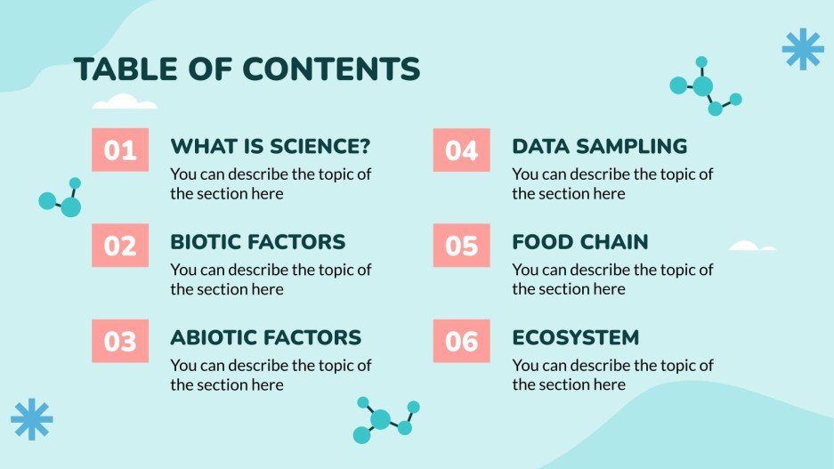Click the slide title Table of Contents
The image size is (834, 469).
pos(247,69)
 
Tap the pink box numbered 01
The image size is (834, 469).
pos(120,150)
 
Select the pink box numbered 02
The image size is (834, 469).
pos(120,246)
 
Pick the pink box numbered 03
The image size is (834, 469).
pos(120,341)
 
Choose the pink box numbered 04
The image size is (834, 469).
pos(461,150)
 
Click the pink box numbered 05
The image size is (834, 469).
pos(461,246)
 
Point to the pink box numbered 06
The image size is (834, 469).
pos(461,341)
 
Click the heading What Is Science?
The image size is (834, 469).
pos(271,146)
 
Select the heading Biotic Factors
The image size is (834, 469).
pos(257,242)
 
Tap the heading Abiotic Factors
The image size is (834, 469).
pos(265,337)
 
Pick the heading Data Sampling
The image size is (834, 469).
pos(599,146)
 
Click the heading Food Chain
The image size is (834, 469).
pos(579,242)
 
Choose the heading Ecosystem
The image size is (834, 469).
pos(575,337)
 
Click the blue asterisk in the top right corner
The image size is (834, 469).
pos(802,49)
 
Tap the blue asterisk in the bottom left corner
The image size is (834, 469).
pos(32,418)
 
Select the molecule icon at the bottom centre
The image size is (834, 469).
pos(384,420)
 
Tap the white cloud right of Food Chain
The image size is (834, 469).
pos(750,246)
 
